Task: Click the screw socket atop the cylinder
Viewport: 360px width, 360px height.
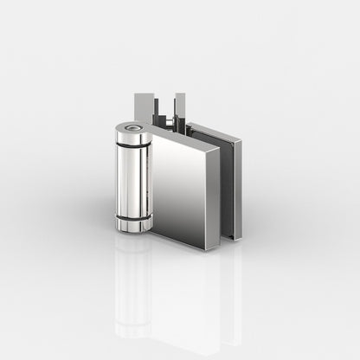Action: (x=132, y=129)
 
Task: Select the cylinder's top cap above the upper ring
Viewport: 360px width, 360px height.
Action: (x=132, y=137)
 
